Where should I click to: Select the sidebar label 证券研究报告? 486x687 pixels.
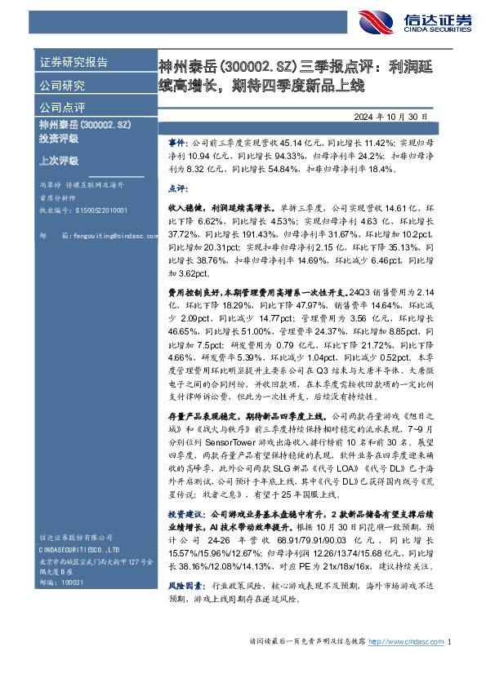coord(73,63)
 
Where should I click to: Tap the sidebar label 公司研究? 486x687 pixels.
coord(61,84)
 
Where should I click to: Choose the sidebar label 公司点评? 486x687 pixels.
coord(61,106)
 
